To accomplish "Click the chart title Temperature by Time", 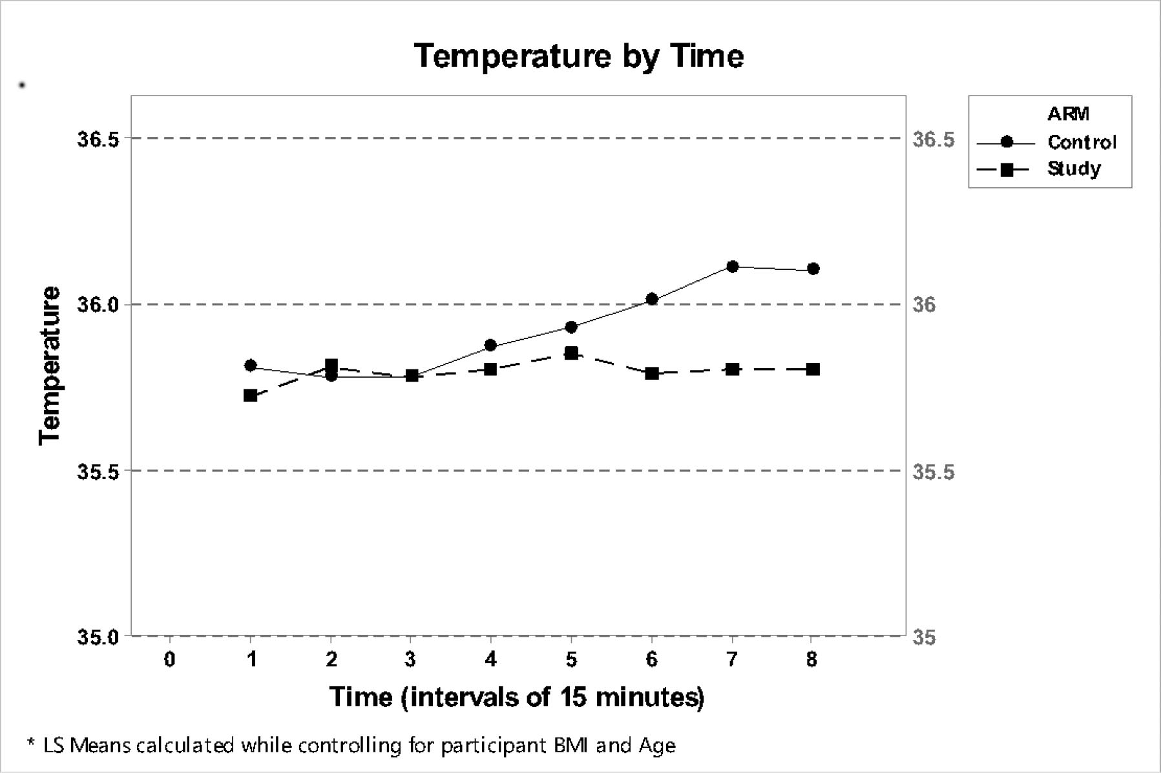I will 579,56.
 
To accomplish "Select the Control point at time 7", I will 732,266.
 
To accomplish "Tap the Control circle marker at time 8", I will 813,269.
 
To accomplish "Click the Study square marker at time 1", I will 251,395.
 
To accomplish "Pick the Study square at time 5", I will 571,353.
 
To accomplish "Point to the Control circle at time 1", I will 251,366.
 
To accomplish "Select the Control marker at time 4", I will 490,345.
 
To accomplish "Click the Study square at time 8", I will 813,369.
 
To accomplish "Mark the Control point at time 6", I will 651,299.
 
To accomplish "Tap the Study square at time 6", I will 651,373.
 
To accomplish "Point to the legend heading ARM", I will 1068,114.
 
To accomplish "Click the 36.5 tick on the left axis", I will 98,139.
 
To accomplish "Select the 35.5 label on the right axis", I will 933,472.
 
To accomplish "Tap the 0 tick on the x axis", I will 169,659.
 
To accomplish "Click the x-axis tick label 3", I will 410,659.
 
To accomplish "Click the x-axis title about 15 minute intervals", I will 517,697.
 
